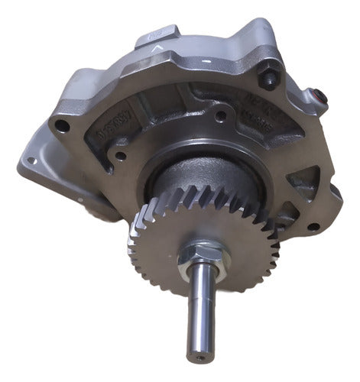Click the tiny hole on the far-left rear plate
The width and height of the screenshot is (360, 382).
tap(30, 160)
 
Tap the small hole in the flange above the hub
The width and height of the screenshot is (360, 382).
tap(220, 117)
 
